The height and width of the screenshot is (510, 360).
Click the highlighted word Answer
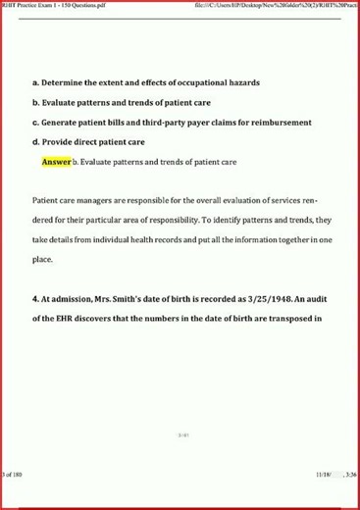click(57, 161)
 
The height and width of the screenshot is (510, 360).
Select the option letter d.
click(35, 142)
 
